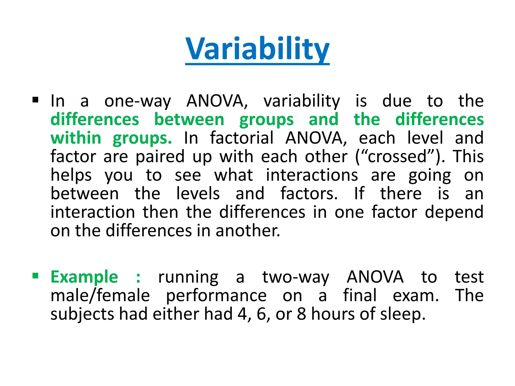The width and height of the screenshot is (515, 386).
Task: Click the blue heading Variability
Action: pos(257,49)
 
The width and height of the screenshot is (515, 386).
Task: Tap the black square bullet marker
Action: pos(35,100)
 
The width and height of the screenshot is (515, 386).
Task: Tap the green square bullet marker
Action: pos(35,276)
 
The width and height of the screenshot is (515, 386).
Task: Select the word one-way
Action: pos(138,101)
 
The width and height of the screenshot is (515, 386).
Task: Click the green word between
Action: pos(189,119)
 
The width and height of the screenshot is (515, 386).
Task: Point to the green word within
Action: pos(76,138)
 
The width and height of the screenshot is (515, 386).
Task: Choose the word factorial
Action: pos(242,138)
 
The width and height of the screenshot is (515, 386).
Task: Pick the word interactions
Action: pos(312,175)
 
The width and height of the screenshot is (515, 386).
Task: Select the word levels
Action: pos(198,194)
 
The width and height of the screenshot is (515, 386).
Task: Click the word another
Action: pos(247,231)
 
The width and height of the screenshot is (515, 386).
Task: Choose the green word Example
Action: pos(84,277)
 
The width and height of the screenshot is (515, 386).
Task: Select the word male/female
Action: pos(100,296)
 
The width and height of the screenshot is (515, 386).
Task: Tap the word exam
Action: pos(416,296)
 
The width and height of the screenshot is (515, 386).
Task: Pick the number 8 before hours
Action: pos(301,314)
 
